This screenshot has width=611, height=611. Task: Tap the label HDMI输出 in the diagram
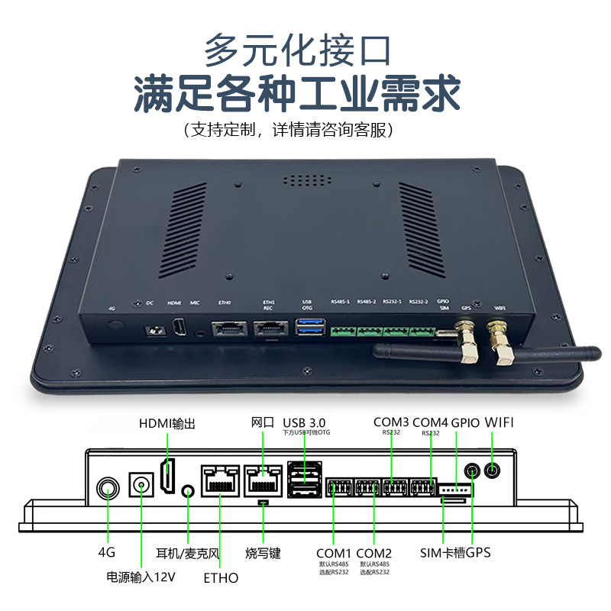(166, 423)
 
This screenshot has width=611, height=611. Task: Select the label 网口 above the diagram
(263, 422)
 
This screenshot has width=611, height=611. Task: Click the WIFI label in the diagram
(504, 422)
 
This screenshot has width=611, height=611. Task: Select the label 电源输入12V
(141, 577)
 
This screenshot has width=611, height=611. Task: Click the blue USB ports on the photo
(309, 329)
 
